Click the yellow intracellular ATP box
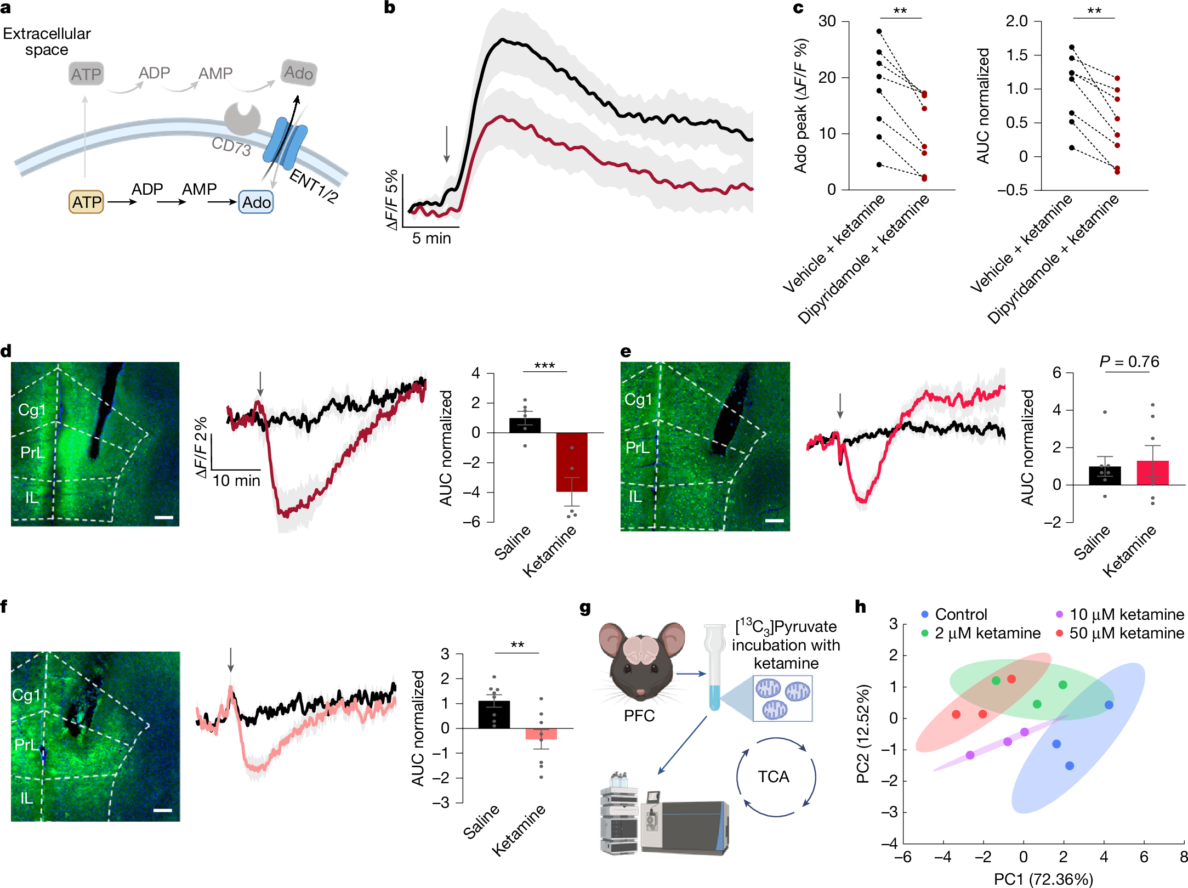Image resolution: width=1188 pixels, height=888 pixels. coord(86,202)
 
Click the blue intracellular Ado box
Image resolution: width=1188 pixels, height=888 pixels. coord(256,202)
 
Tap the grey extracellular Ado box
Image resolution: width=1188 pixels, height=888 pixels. coord(299,72)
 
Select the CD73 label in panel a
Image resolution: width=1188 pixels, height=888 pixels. coord(231,146)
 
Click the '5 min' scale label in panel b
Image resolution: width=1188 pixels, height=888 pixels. coord(431,239)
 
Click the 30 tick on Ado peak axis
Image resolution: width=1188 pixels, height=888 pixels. coord(827,21)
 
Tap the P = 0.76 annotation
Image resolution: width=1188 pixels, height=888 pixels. coord(1129,361)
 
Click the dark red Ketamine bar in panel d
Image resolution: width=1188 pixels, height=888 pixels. coord(572,462)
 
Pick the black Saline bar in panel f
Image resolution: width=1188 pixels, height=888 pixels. coord(494,715)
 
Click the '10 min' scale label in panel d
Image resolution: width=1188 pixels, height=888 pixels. coord(236,481)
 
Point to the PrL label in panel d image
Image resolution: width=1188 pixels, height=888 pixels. coord(32,453)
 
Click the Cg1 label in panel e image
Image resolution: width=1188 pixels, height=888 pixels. coord(638,399)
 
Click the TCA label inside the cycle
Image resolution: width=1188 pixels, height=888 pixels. coord(774,777)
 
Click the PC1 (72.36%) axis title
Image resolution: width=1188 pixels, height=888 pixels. coord(1043,879)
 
